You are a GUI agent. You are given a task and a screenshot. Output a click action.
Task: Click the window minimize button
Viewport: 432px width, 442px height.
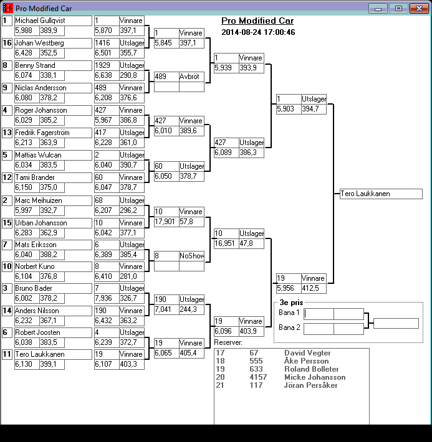click(x=377, y=8)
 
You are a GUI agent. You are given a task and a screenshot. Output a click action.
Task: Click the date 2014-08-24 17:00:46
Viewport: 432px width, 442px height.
click(x=258, y=32)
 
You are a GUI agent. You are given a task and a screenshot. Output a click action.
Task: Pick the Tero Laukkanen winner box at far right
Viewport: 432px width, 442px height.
click(x=381, y=194)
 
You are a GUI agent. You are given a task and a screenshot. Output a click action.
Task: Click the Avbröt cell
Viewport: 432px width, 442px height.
click(x=191, y=77)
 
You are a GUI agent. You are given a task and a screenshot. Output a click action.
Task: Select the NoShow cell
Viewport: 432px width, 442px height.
click(x=191, y=256)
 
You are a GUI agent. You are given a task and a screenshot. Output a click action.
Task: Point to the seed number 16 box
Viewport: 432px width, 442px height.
click(x=7, y=43)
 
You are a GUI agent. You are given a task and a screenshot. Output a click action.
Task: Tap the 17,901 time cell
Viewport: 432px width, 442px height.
click(x=166, y=222)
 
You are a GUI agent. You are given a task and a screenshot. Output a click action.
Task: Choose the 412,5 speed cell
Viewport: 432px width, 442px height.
click(x=313, y=288)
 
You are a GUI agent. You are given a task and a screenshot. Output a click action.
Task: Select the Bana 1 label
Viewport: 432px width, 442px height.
click(x=289, y=313)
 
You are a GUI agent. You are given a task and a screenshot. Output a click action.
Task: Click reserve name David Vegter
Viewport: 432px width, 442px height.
click(x=307, y=353)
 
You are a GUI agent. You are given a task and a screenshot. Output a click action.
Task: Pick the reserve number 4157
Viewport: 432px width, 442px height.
click(x=258, y=377)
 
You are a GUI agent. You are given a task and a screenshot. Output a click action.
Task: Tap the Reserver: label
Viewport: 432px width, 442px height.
click(x=228, y=342)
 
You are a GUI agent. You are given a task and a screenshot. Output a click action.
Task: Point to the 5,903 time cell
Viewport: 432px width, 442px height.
click(x=288, y=109)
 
